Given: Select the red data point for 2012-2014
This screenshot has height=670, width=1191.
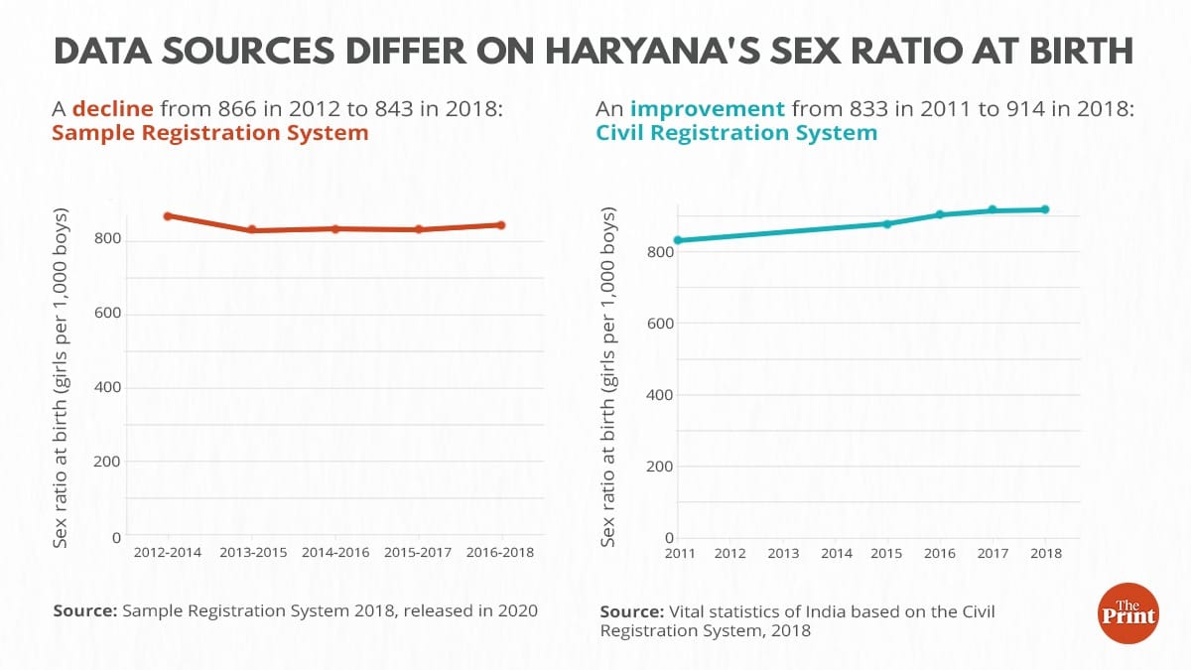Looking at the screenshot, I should pyautogui.click(x=168, y=215).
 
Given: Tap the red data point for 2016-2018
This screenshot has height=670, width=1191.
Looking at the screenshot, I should pyautogui.click(x=501, y=225).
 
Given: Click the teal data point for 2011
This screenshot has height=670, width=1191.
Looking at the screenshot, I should pyautogui.click(x=678, y=240).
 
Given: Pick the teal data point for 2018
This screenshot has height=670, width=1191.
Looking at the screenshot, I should pyautogui.click(x=1045, y=209).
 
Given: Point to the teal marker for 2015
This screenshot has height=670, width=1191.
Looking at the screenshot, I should pyautogui.click(x=887, y=223).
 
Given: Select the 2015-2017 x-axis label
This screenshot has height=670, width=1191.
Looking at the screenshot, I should pyautogui.click(x=418, y=553).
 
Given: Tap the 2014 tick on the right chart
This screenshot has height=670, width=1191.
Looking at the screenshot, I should pyautogui.click(x=836, y=554).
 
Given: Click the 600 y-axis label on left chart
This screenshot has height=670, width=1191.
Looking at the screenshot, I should pyautogui.click(x=108, y=314).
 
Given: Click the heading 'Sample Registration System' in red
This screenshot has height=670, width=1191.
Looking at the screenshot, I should pyautogui.click(x=209, y=133).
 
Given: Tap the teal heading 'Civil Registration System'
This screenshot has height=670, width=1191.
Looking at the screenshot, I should pyautogui.click(x=737, y=133).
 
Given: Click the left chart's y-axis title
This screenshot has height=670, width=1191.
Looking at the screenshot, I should pyautogui.click(x=62, y=377).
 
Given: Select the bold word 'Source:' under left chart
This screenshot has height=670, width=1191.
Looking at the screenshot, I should pyautogui.click(x=84, y=610).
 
